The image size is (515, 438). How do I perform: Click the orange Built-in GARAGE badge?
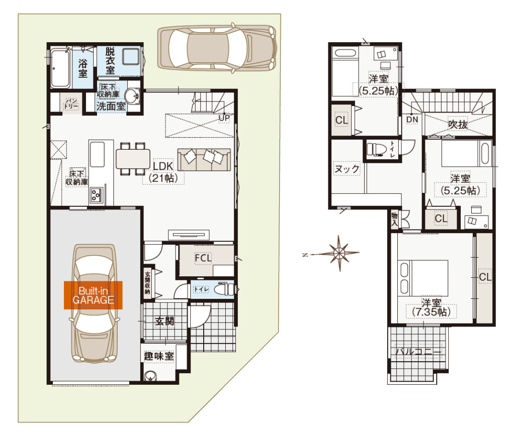(93, 295)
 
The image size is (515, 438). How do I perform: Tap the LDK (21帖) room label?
(163, 172)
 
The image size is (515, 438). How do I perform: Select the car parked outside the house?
(217, 48)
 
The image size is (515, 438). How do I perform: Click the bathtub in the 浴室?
(60, 68)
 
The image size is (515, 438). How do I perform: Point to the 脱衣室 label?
(110, 61)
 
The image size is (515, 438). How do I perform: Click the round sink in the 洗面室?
(133, 96)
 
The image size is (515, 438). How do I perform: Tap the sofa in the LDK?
(204, 159)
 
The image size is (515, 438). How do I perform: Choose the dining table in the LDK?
(133, 159)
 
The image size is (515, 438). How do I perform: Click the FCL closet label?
(203, 258)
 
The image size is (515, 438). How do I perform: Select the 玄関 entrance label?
(164, 321)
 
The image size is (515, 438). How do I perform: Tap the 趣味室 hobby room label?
(158, 356)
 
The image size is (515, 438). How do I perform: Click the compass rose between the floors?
(339, 253)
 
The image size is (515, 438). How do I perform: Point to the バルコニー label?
(418, 352)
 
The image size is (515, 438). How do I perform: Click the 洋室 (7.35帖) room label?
(431, 307)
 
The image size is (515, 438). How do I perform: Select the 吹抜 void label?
(458, 125)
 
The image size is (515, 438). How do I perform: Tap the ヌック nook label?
(347, 169)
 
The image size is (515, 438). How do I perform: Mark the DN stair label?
(412, 120)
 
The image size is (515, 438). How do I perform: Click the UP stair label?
(224, 118)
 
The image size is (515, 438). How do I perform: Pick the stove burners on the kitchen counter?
(96, 195)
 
